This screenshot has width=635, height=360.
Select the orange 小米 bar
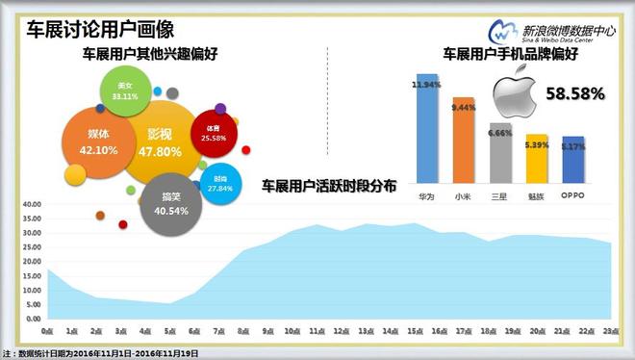pos(464,139)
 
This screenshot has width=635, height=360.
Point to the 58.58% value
pos(574,94)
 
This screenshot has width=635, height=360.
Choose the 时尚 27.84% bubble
pos(221,185)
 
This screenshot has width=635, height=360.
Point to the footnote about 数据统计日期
pos(101,352)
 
